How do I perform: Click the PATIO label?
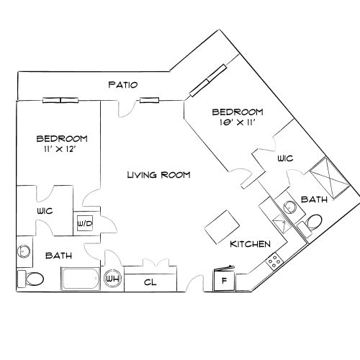[x=122, y=84]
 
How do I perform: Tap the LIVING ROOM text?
[x=158, y=175]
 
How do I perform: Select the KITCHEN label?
[x=250, y=244]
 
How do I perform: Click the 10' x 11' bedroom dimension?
[x=237, y=124]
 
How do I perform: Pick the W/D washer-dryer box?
[x=84, y=222]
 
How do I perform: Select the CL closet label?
[x=151, y=282]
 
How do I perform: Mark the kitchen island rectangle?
[x=222, y=228]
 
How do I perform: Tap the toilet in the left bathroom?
[x=32, y=278]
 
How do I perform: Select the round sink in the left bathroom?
[x=24, y=252]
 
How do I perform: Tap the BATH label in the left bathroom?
[x=58, y=255]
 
